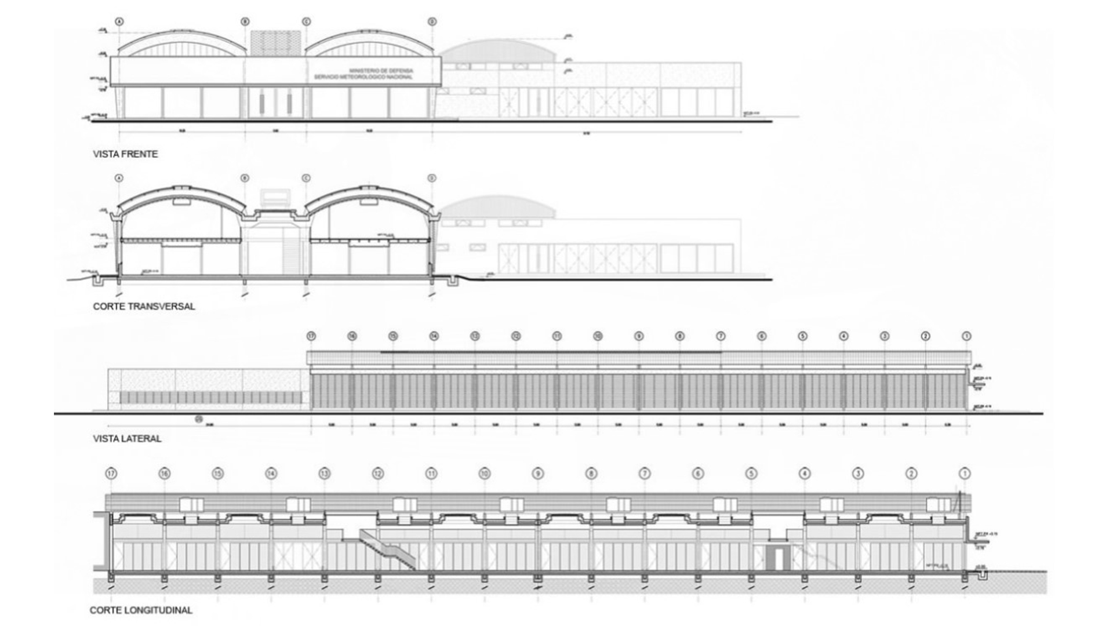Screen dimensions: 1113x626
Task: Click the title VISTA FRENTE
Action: point(125,154)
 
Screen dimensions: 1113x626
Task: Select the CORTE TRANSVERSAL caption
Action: point(144,306)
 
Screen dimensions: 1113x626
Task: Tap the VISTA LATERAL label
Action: point(127,439)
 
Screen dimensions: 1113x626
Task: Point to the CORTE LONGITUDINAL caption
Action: point(141,610)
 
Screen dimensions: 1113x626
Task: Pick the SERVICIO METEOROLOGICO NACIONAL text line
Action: point(363,77)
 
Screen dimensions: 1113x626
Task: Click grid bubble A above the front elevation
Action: point(120,22)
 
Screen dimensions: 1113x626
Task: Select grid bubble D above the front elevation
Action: point(432,22)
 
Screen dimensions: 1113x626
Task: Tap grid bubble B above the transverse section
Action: point(245,179)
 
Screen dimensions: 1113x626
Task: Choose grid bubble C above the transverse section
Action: point(306,179)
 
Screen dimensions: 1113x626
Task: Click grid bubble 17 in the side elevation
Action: point(311,336)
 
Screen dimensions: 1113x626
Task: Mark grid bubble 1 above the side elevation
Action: point(966,336)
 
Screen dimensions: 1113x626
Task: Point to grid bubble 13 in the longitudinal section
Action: point(324,474)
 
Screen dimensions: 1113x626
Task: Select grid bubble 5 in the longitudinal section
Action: point(751,474)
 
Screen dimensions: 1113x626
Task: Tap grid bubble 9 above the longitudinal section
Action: point(538,474)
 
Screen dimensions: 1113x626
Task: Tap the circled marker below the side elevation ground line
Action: point(200,419)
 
